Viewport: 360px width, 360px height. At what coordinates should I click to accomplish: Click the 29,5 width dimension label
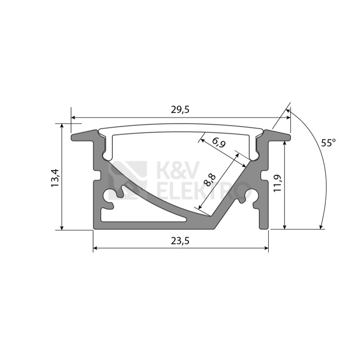point(180,110)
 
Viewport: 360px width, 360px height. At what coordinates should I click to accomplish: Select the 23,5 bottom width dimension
point(180,241)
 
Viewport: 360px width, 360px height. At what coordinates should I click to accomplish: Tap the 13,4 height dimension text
point(55,178)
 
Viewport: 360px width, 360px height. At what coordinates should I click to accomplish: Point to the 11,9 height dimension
point(277,183)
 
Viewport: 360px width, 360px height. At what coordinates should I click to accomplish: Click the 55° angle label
point(328,143)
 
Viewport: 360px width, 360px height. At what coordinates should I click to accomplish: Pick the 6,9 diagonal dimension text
point(219,143)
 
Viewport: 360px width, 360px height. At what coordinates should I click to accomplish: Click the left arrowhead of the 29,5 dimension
point(73,118)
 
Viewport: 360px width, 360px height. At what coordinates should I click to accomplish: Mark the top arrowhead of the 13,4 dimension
point(62,126)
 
